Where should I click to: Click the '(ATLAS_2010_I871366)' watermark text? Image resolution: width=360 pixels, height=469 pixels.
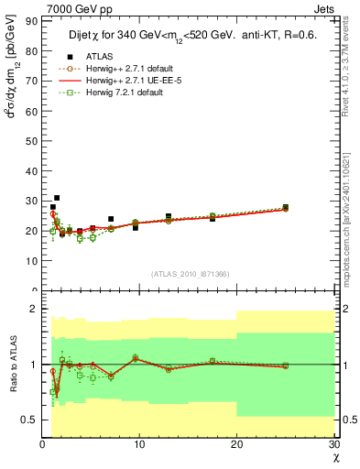(190, 274)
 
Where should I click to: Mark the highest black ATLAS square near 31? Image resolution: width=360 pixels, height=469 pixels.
(57, 198)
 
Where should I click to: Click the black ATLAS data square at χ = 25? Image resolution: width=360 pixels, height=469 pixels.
(285, 208)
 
